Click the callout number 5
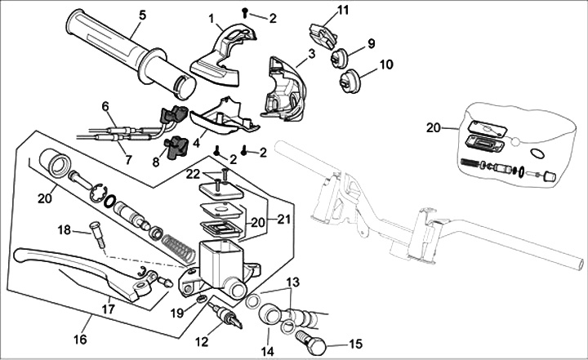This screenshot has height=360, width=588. tap(143, 14)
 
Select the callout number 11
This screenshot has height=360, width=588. tap(343, 9)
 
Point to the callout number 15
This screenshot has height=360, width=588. tap(354, 344)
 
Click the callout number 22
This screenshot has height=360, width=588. tap(194, 173)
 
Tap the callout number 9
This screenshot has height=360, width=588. tap(371, 43)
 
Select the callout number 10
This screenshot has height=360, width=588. tap(386, 64)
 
